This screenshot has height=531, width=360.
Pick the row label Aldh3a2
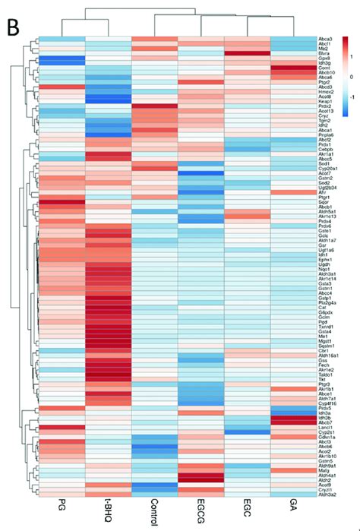[x=328, y=494]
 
